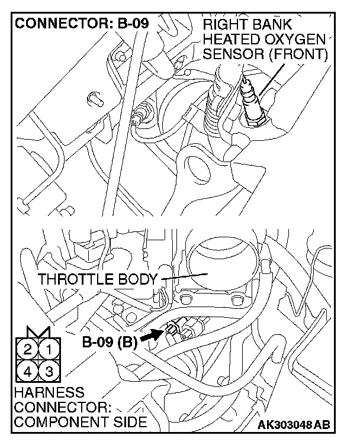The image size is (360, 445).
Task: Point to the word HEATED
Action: pyautogui.click(x=229, y=40)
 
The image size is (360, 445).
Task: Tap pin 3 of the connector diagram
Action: pyautogui.click(x=50, y=372)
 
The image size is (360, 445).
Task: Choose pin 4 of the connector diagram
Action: pyautogui.click(x=27, y=372)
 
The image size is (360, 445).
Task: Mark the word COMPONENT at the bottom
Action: pyautogui.click(x=52, y=422)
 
